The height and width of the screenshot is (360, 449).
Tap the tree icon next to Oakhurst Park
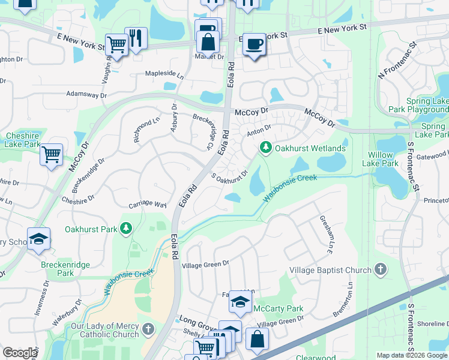125,228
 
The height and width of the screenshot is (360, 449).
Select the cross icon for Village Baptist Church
379,270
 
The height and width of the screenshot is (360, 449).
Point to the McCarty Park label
278,309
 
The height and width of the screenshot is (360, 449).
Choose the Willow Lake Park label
382,158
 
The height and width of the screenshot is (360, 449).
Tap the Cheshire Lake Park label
22,140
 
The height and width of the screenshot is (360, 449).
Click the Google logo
20,353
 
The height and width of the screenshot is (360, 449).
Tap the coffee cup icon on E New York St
255,45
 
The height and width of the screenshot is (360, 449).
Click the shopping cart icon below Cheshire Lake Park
52,154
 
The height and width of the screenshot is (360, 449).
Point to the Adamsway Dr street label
86,95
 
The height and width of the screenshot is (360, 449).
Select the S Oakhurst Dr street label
230,178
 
